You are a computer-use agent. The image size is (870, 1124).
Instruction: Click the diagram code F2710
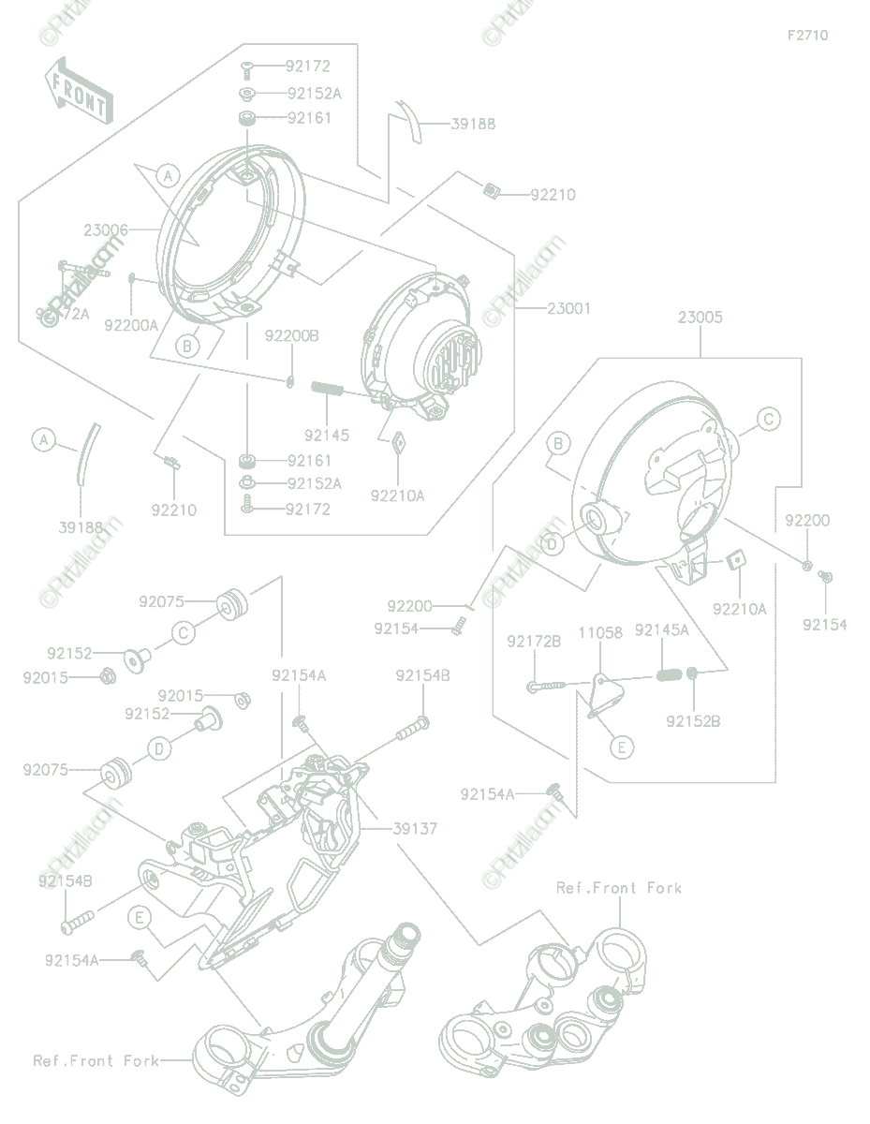(x=807, y=36)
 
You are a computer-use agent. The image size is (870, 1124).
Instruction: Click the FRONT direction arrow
(x=78, y=91)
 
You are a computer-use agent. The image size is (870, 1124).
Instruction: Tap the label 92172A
(x=63, y=314)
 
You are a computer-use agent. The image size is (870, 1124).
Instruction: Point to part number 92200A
(x=131, y=324)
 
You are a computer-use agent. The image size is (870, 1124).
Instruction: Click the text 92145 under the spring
(x=326, y=436)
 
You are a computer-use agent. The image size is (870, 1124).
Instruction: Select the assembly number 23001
(x=569, y=308)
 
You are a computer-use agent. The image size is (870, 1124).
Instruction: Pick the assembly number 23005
(x=700, y=318)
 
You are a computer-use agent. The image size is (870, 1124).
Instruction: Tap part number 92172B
(x=534, y=642)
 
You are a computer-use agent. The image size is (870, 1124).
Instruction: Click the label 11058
(x=599, y=633)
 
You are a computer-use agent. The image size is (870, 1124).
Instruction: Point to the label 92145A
(x=661, y=630)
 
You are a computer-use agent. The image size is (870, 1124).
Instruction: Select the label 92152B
(x=693, y=721)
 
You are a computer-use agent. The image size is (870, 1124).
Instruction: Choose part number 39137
(x=415, y=829)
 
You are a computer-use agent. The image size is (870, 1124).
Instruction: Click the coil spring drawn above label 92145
(x=328, y=387)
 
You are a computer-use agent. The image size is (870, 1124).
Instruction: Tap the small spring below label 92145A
(x=668, y=673)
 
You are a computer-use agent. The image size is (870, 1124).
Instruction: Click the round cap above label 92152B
(x=693, y=673)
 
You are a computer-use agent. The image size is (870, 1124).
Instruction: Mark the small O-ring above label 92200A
(x=133, y=277)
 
